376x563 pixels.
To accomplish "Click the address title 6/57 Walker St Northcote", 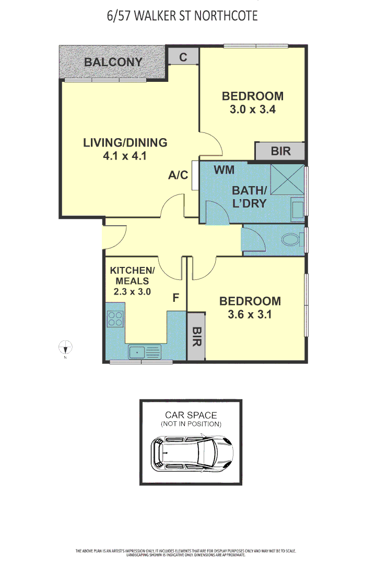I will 182,16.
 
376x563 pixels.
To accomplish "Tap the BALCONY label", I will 113,62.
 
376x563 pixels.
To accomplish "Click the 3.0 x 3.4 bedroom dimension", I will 252,110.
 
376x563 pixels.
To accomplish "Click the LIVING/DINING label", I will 125,142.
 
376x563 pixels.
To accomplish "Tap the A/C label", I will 178,175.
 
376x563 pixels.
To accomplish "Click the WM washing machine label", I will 224,169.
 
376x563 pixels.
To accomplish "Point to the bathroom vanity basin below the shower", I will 297,210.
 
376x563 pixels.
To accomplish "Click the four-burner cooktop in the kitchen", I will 115,318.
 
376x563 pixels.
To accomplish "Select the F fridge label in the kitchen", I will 176,298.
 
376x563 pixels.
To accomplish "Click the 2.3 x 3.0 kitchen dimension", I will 132,292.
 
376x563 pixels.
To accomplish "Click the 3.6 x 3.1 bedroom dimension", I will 250,315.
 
